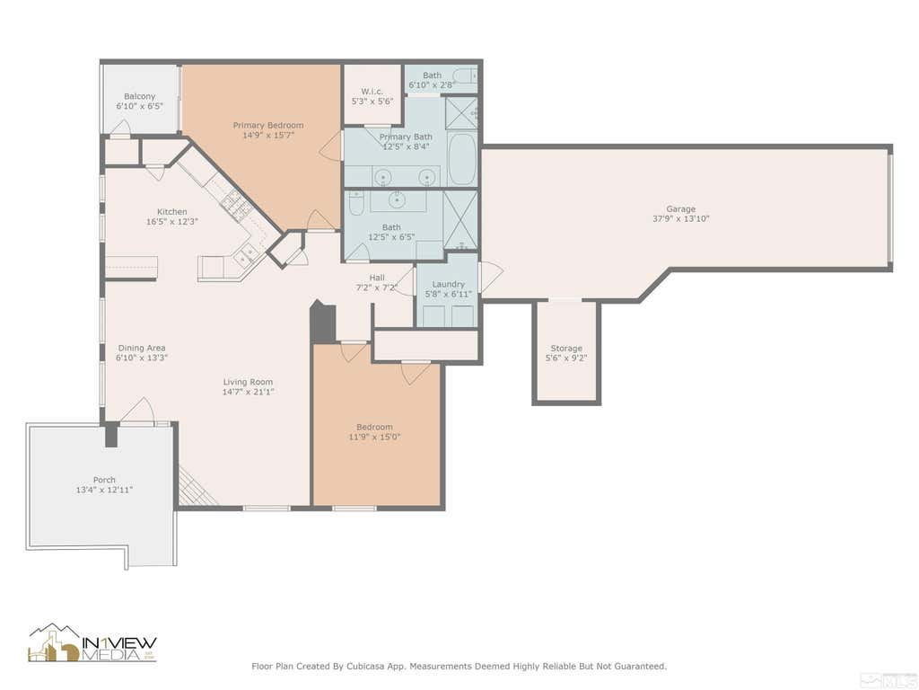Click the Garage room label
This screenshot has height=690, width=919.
coord(680,208)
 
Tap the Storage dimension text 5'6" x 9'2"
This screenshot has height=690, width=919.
coord(566,358)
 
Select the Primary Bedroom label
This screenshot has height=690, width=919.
coord(268,125)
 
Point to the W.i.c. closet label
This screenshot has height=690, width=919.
coord(372,92)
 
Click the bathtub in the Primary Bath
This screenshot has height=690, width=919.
coord(463,159)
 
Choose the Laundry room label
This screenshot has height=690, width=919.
coord(449,284)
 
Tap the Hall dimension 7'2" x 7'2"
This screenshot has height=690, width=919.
coord(377,287)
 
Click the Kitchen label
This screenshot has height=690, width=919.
coord(172,212)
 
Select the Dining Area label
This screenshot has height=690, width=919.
coord(142,348)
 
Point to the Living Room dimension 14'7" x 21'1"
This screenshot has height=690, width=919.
coord(248,392)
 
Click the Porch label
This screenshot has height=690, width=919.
coord(104,480)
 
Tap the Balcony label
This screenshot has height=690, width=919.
coord(139,96)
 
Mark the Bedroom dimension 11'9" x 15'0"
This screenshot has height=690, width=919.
coord(374,437)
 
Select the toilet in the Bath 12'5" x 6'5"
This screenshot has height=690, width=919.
coord(355,203)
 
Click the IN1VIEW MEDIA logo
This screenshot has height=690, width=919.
coord(93,642)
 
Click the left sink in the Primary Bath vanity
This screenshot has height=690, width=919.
coord(382,177)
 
